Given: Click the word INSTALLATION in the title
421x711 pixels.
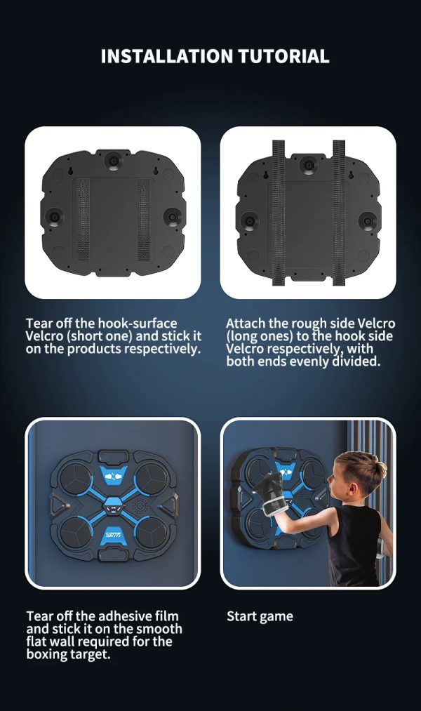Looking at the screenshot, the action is [x=167, y=56].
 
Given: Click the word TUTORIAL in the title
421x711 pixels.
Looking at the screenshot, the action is [x=284, y=56].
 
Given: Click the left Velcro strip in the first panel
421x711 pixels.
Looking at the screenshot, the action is [x=83, y=220].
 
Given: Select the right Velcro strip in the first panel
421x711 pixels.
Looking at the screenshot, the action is [x=144, y=220].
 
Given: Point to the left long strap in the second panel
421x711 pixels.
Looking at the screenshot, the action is [x=278, y=213].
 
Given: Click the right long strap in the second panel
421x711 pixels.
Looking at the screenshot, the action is [x=339, y=213].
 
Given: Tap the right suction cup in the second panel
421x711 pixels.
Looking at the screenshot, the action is [x=366, y=221].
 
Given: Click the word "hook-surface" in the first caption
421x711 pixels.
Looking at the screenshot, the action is [x=138, y=324].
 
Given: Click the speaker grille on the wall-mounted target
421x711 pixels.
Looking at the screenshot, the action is [x=140, y=505].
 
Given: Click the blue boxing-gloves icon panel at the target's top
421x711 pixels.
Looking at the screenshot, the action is [x=113, y=477].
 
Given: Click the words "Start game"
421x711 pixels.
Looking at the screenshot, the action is [x=260, y=616].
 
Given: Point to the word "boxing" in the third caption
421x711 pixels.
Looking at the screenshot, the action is [x=46, y=654].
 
